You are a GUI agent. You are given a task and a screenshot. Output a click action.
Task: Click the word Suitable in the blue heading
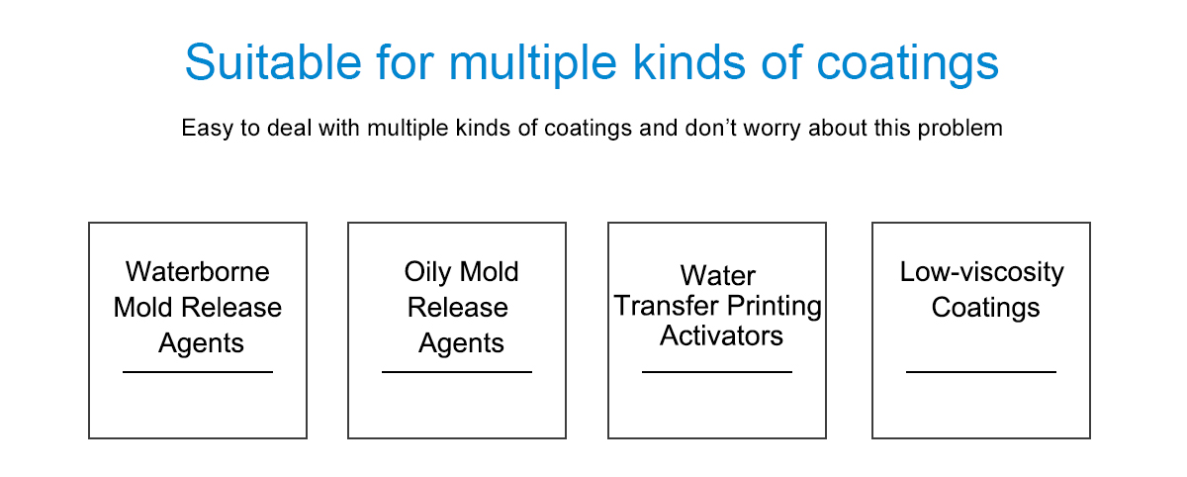tap(273, 62)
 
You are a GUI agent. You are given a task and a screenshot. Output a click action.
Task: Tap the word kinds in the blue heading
tap(689, 62)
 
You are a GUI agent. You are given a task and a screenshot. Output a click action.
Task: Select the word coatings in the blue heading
tap(908, 65)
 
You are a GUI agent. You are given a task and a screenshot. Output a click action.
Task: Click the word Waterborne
tap(198, 272)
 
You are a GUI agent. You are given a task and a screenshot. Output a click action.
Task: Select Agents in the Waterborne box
tap(201, 343)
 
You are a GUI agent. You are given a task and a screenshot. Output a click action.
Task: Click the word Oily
tap(427, 273)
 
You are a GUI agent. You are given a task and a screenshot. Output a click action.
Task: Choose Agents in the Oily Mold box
tap(461, 343)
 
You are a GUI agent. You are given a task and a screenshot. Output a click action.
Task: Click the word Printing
tap(775, 307)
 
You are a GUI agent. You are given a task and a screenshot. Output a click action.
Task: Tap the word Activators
tap(721, 336)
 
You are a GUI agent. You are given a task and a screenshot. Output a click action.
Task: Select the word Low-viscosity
tap(982, 273)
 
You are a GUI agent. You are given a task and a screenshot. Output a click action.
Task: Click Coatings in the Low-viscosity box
tap(985, 309)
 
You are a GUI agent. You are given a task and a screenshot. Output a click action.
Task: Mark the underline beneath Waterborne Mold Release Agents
tap(198, 372)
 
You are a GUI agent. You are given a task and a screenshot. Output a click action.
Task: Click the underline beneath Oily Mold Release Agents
tap(457, 372)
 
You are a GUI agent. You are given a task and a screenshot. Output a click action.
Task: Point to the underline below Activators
tap(717, 372)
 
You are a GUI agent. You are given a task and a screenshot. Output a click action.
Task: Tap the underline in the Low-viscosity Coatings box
tap(981, 372)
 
